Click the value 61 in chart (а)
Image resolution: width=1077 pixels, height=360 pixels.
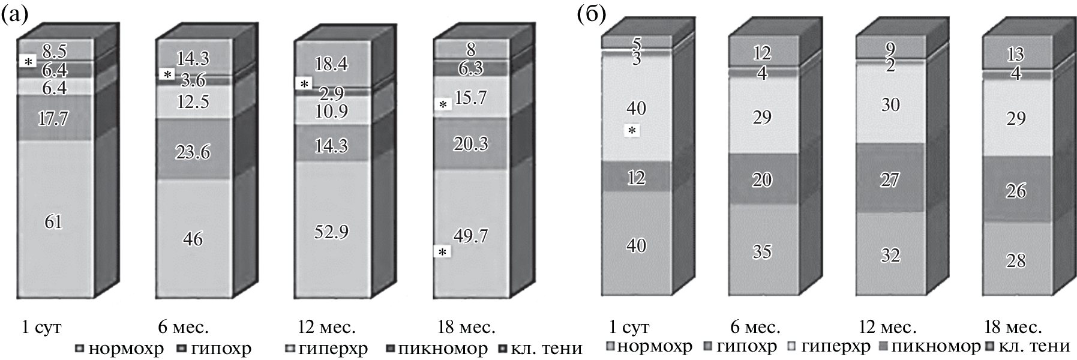pyautogui.click(x=53, y=223)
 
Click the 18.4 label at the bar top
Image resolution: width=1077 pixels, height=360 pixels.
pyautogui.click(x=331, y=63)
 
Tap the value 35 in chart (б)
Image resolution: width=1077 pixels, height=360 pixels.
pyautogui.click(x=762, y=251)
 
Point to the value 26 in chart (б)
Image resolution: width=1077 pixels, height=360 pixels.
pyautogui.click(x=1015, y=191)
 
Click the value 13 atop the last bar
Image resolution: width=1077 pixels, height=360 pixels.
pyautogui.click(x=1015, y=55)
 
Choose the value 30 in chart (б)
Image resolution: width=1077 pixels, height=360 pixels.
pyautogui.click(x=890, y=104)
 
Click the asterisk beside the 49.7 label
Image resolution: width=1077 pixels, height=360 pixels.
pyautogui.click(x=443, y=253)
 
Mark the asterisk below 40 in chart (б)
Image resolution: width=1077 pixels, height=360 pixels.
pyautogui.click(x=631, y=130)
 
